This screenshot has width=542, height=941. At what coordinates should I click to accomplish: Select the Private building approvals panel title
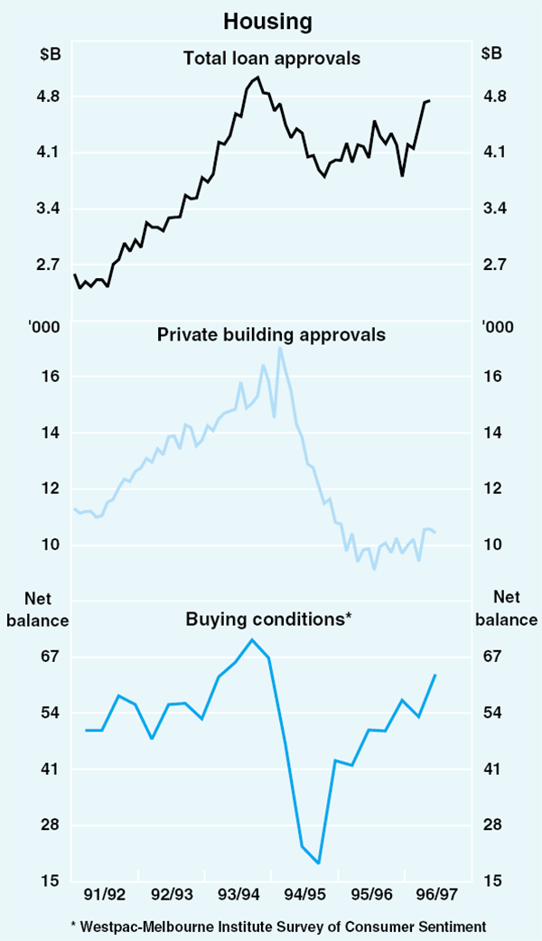271,335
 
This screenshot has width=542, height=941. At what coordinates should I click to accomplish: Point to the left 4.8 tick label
48,97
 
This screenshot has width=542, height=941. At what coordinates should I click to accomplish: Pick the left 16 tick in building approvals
51,377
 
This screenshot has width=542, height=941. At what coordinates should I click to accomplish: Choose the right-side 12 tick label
492,489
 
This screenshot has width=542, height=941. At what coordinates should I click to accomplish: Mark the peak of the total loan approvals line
258,78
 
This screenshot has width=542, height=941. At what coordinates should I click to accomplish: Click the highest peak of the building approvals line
280,348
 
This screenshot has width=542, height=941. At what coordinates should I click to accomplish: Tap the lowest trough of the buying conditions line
319,863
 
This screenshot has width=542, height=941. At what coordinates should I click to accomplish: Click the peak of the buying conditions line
252,639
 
